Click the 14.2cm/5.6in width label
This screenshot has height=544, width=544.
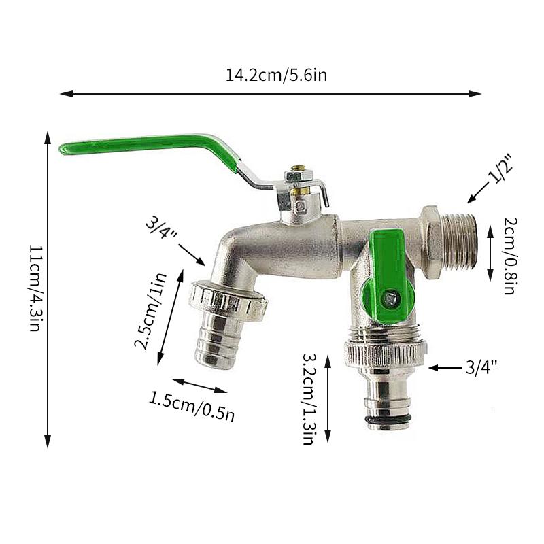point(276,75)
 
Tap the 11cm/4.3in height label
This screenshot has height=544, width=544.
point(35,288)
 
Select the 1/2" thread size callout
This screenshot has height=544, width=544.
point(500,169)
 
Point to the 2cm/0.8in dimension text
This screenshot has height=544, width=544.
point(511,256)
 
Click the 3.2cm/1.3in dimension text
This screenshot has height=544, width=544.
point(309,399)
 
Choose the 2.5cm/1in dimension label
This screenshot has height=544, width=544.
point(150,311)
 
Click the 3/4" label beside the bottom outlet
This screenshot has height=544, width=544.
point(481,367)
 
